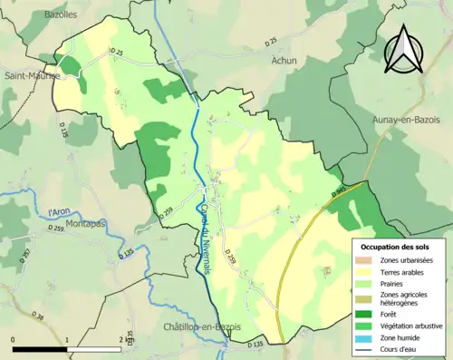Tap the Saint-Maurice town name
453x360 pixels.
coord(24,76)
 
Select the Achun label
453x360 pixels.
coord(284,61)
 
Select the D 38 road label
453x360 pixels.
coord(37,316)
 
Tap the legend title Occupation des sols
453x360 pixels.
coord(396,247)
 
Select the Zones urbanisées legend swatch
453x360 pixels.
coord(367,260)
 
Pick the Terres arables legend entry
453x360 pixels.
coord(402,272)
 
